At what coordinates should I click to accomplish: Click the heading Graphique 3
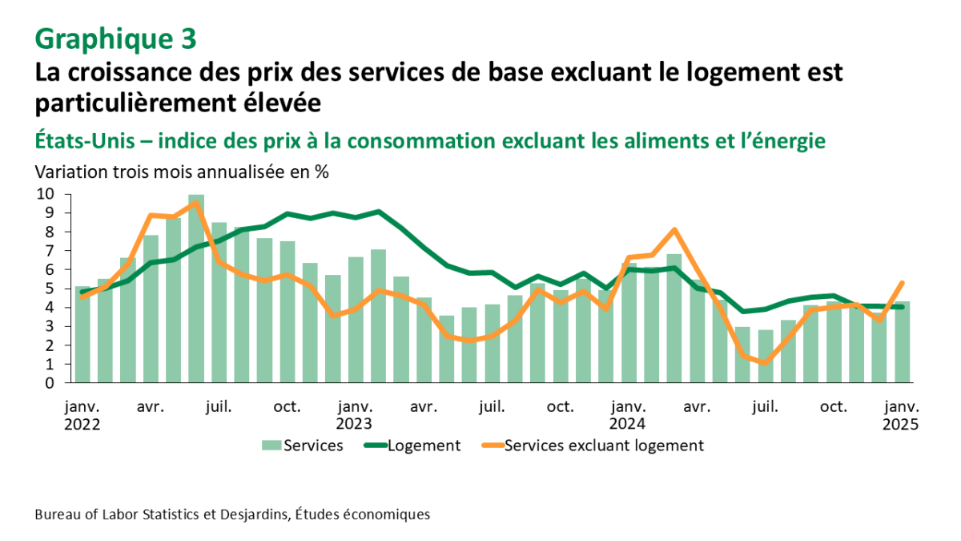115,38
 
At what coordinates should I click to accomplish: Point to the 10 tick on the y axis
45,194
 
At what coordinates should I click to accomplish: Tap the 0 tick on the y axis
49,383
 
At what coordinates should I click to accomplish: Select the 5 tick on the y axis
49,289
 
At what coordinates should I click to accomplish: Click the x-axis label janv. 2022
82,415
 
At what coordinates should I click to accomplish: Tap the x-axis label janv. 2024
628,415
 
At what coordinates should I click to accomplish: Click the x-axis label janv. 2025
901,415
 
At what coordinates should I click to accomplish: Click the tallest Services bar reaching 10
196,289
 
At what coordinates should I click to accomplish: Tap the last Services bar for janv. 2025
902,342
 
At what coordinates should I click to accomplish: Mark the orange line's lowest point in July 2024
766,363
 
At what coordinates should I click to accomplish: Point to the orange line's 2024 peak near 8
674,230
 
